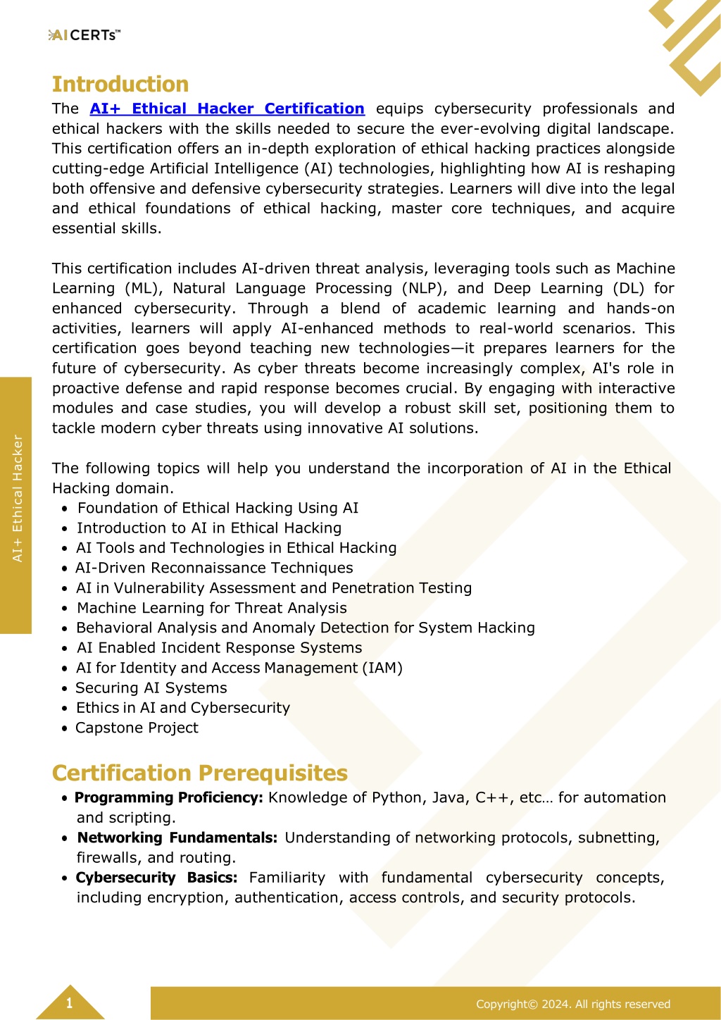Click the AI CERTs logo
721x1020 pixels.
[84, 35]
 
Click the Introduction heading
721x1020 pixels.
[120, 85]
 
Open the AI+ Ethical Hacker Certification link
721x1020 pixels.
[227, 109]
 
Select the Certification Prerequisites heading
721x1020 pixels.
[200, 773]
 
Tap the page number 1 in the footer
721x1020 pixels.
[69, 1003]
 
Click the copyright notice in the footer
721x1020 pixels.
[572, 1004]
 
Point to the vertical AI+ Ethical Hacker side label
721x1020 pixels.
[18, 499]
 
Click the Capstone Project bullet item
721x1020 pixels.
[137, 728]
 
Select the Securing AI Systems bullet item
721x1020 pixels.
[151, 688]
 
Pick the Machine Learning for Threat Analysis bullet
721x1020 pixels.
[211, 608]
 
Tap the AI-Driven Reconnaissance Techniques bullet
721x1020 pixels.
[214, 568]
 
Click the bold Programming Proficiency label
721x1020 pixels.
[169, 797]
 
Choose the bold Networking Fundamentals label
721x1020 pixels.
[177, 838]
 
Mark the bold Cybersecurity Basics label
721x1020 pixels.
[156, 878]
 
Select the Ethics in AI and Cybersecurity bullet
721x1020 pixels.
[183, 708]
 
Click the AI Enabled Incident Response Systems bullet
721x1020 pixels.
[220, 648]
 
